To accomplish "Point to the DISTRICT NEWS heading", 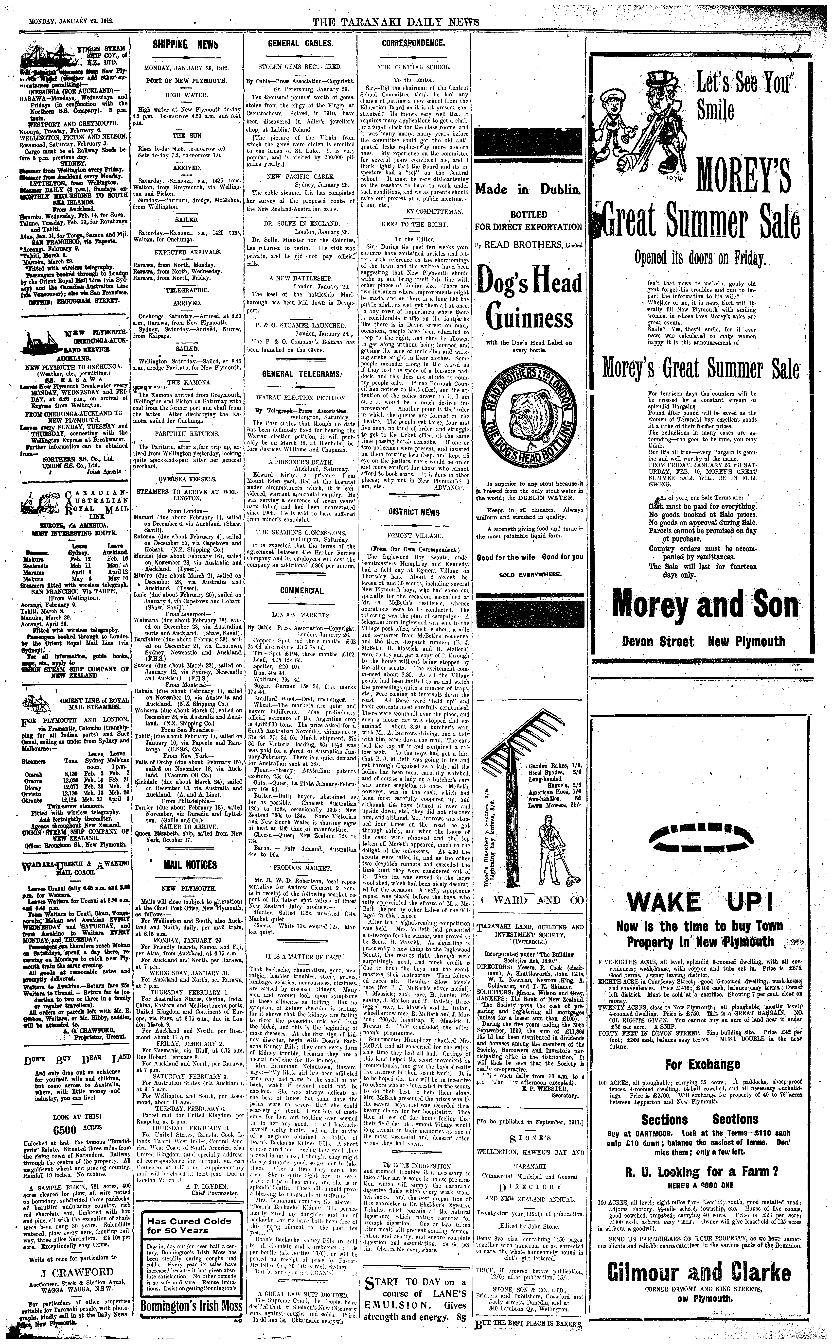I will pos(414,512).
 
